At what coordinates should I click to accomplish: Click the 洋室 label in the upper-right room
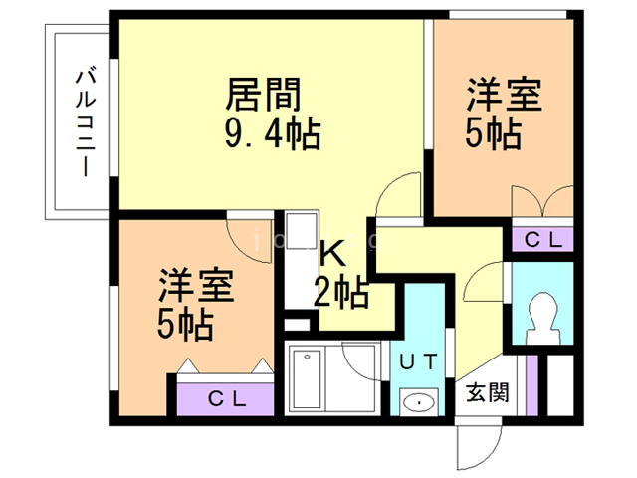coord(505,98)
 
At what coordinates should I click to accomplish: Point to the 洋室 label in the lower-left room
coord(196,287)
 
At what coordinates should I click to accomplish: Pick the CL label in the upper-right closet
coord(542,239)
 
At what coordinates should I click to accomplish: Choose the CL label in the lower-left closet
coord(227,398)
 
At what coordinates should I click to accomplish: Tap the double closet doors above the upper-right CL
coord(542,204)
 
